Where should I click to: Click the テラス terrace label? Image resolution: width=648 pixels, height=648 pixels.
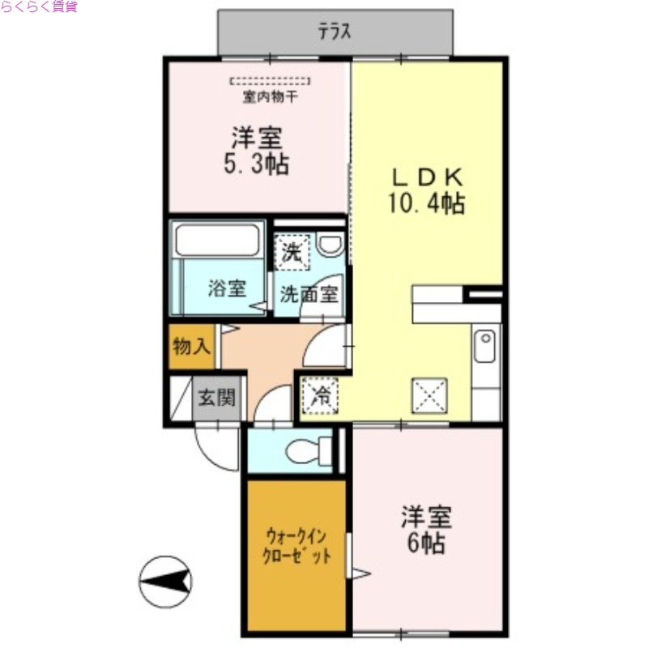click(x=335, y=32)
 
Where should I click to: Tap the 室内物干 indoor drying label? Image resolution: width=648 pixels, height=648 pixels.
click(x=270, y=98)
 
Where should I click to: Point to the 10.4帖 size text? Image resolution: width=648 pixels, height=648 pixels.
click(x=427, y=202)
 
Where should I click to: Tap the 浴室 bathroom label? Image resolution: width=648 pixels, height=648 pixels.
click(x=226, y=288)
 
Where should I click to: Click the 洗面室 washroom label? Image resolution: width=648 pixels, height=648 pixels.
click(x=309, y=294)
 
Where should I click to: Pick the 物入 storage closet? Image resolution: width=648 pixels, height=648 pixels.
click(x=192, y=347)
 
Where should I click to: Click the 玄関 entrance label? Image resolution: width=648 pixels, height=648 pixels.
click(x=217, y=398)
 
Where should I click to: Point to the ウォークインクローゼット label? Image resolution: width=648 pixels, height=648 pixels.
click(x=296, y=546)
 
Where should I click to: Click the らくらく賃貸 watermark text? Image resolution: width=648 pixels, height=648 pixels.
click(x=39, y=7)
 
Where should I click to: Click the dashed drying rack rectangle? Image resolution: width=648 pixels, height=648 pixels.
click(x=270, y=81)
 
